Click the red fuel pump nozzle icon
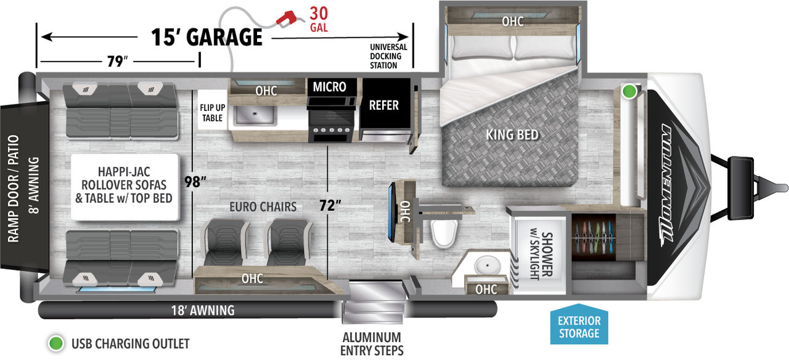(x=286, y=18)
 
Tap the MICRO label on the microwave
(x=329, y=87)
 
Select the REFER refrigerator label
(x=383, y=105)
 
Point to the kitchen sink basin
(x=255, y=114)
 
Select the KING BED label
(x=512, y=134)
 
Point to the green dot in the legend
(x=55, y=343)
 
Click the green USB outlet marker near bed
(x=629, y=91)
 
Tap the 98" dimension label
(x=195, y=182)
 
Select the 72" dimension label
(x=330, y=205)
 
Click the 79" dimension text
(x=117, y=61)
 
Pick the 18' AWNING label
(x=203, y=310)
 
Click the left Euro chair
(x=224, y=242)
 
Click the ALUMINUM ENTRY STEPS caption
(x=372, y=344)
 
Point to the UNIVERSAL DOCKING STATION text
(x=388, y=56)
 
